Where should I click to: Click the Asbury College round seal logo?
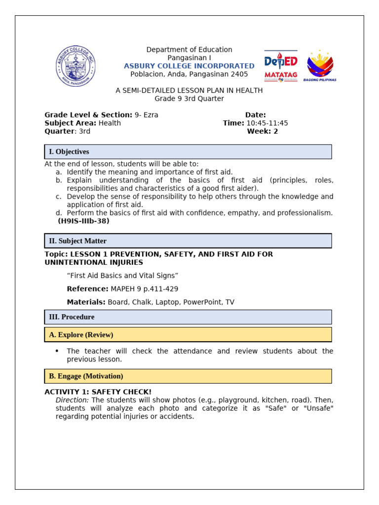[76, 66]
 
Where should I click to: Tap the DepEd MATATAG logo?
[281, 66]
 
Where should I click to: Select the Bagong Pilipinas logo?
[320, 66]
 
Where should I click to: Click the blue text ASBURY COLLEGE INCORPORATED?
[189, 66]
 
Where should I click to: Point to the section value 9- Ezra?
[147, 115]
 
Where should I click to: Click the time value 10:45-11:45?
[267, 123]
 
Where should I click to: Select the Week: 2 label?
[263, 131]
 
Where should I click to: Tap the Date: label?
[255, 115]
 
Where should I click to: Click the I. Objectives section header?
[188, 152]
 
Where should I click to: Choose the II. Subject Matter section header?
[188, 241]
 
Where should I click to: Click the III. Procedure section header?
[188, 317]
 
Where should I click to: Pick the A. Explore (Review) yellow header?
[188, 335]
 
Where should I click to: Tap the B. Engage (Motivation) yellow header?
[188, 376]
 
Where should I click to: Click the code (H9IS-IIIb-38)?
[83, 221]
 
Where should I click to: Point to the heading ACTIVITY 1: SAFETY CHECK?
[98, 392]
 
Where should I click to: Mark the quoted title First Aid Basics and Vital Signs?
[122, 276]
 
